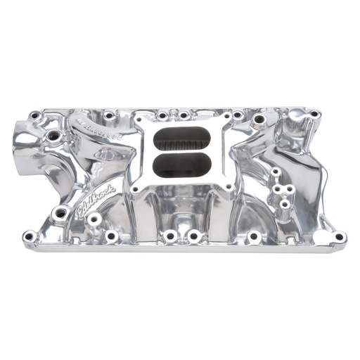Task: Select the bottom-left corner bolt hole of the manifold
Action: coord(29,236)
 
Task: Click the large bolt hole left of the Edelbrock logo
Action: coord(60,212)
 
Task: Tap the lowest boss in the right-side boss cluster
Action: coord(283,205)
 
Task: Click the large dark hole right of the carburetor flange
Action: coord(259,120)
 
